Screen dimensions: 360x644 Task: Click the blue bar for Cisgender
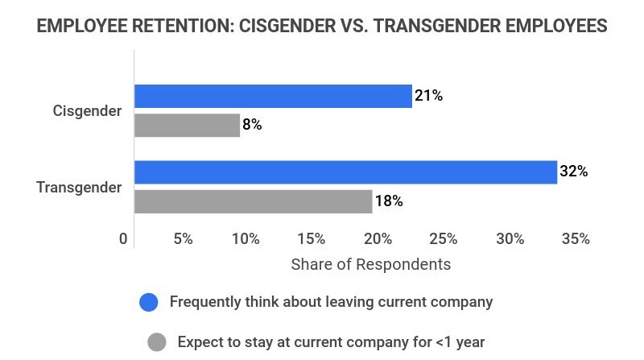[x=273, y=96]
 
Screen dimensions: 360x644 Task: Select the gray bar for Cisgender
[x=187, y=125]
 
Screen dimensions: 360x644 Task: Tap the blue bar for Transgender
[x=345, y=172]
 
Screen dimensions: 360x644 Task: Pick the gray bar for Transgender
[x=253, y=201]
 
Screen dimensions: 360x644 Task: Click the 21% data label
[x=428, y=96]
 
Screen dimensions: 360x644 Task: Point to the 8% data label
[x=252, y=125]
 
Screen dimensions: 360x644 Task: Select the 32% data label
[x=574, y=172]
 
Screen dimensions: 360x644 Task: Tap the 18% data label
[x=389, y=201]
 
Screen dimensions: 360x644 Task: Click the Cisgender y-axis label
[x=88, y=111]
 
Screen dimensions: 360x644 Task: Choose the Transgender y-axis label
[x=79, y=188]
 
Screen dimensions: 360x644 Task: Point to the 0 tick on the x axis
[x=123, y=239]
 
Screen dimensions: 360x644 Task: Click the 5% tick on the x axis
[x=183, y=239]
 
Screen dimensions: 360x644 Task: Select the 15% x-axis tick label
[x=312, y=239]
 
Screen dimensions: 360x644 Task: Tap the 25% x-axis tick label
[x=444, y=239]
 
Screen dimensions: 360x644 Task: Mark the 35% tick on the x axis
[x=576, y=239]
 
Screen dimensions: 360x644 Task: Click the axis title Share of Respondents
[x=370, y=264]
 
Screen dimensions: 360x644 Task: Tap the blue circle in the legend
[x=148, y=303]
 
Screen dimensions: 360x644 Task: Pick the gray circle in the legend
[x=156, y=341]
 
